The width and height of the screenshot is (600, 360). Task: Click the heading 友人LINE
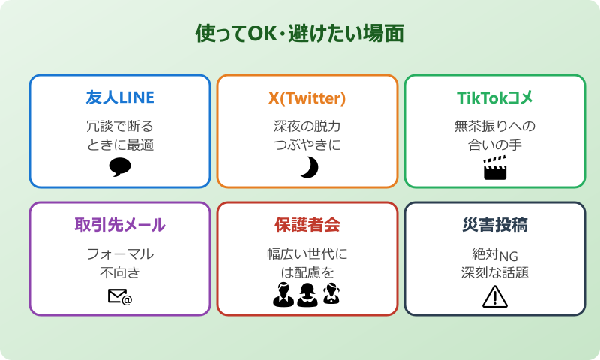coord(120,97)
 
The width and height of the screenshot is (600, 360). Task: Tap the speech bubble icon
coord(120,167)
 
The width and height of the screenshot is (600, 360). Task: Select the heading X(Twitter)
coord(307,97)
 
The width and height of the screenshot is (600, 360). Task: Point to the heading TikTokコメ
coord(495,97)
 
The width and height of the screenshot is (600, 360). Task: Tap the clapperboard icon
coord(494,168)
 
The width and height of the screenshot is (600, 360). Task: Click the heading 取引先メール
coord(120,225)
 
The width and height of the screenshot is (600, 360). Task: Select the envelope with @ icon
coord(120,297)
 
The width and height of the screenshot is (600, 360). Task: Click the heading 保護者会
coord(307,225)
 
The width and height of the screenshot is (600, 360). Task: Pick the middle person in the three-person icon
coord(307,295)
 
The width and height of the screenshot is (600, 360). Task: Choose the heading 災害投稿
coord(495,225)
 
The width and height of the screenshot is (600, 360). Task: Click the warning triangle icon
coord(495,297)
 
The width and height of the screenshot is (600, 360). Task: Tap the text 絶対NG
coord(495,253)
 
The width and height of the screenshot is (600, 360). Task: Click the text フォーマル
coord(120,253)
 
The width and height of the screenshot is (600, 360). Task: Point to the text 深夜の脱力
coord(307,126)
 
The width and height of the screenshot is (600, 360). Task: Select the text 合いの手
coord(495,145)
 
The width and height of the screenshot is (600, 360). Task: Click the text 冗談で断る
coord(120,126)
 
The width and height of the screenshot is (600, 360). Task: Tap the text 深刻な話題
coord(495,272)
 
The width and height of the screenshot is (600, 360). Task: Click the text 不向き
coord(120,272)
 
